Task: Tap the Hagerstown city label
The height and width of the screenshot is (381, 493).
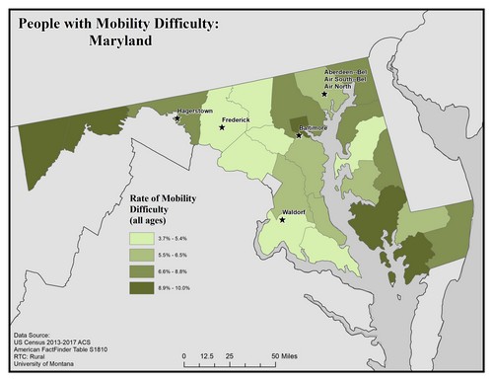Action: point(194,112)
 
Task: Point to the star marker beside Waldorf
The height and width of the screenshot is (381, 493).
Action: point(281,220)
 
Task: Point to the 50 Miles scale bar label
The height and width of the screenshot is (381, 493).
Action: point(287,353)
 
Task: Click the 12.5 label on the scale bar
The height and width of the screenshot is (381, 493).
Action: point(207,353)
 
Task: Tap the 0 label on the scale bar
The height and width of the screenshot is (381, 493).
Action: point(184,353)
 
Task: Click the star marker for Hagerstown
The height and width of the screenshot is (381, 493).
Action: point(176,118)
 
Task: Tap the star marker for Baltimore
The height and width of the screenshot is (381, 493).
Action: point(299,134)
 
